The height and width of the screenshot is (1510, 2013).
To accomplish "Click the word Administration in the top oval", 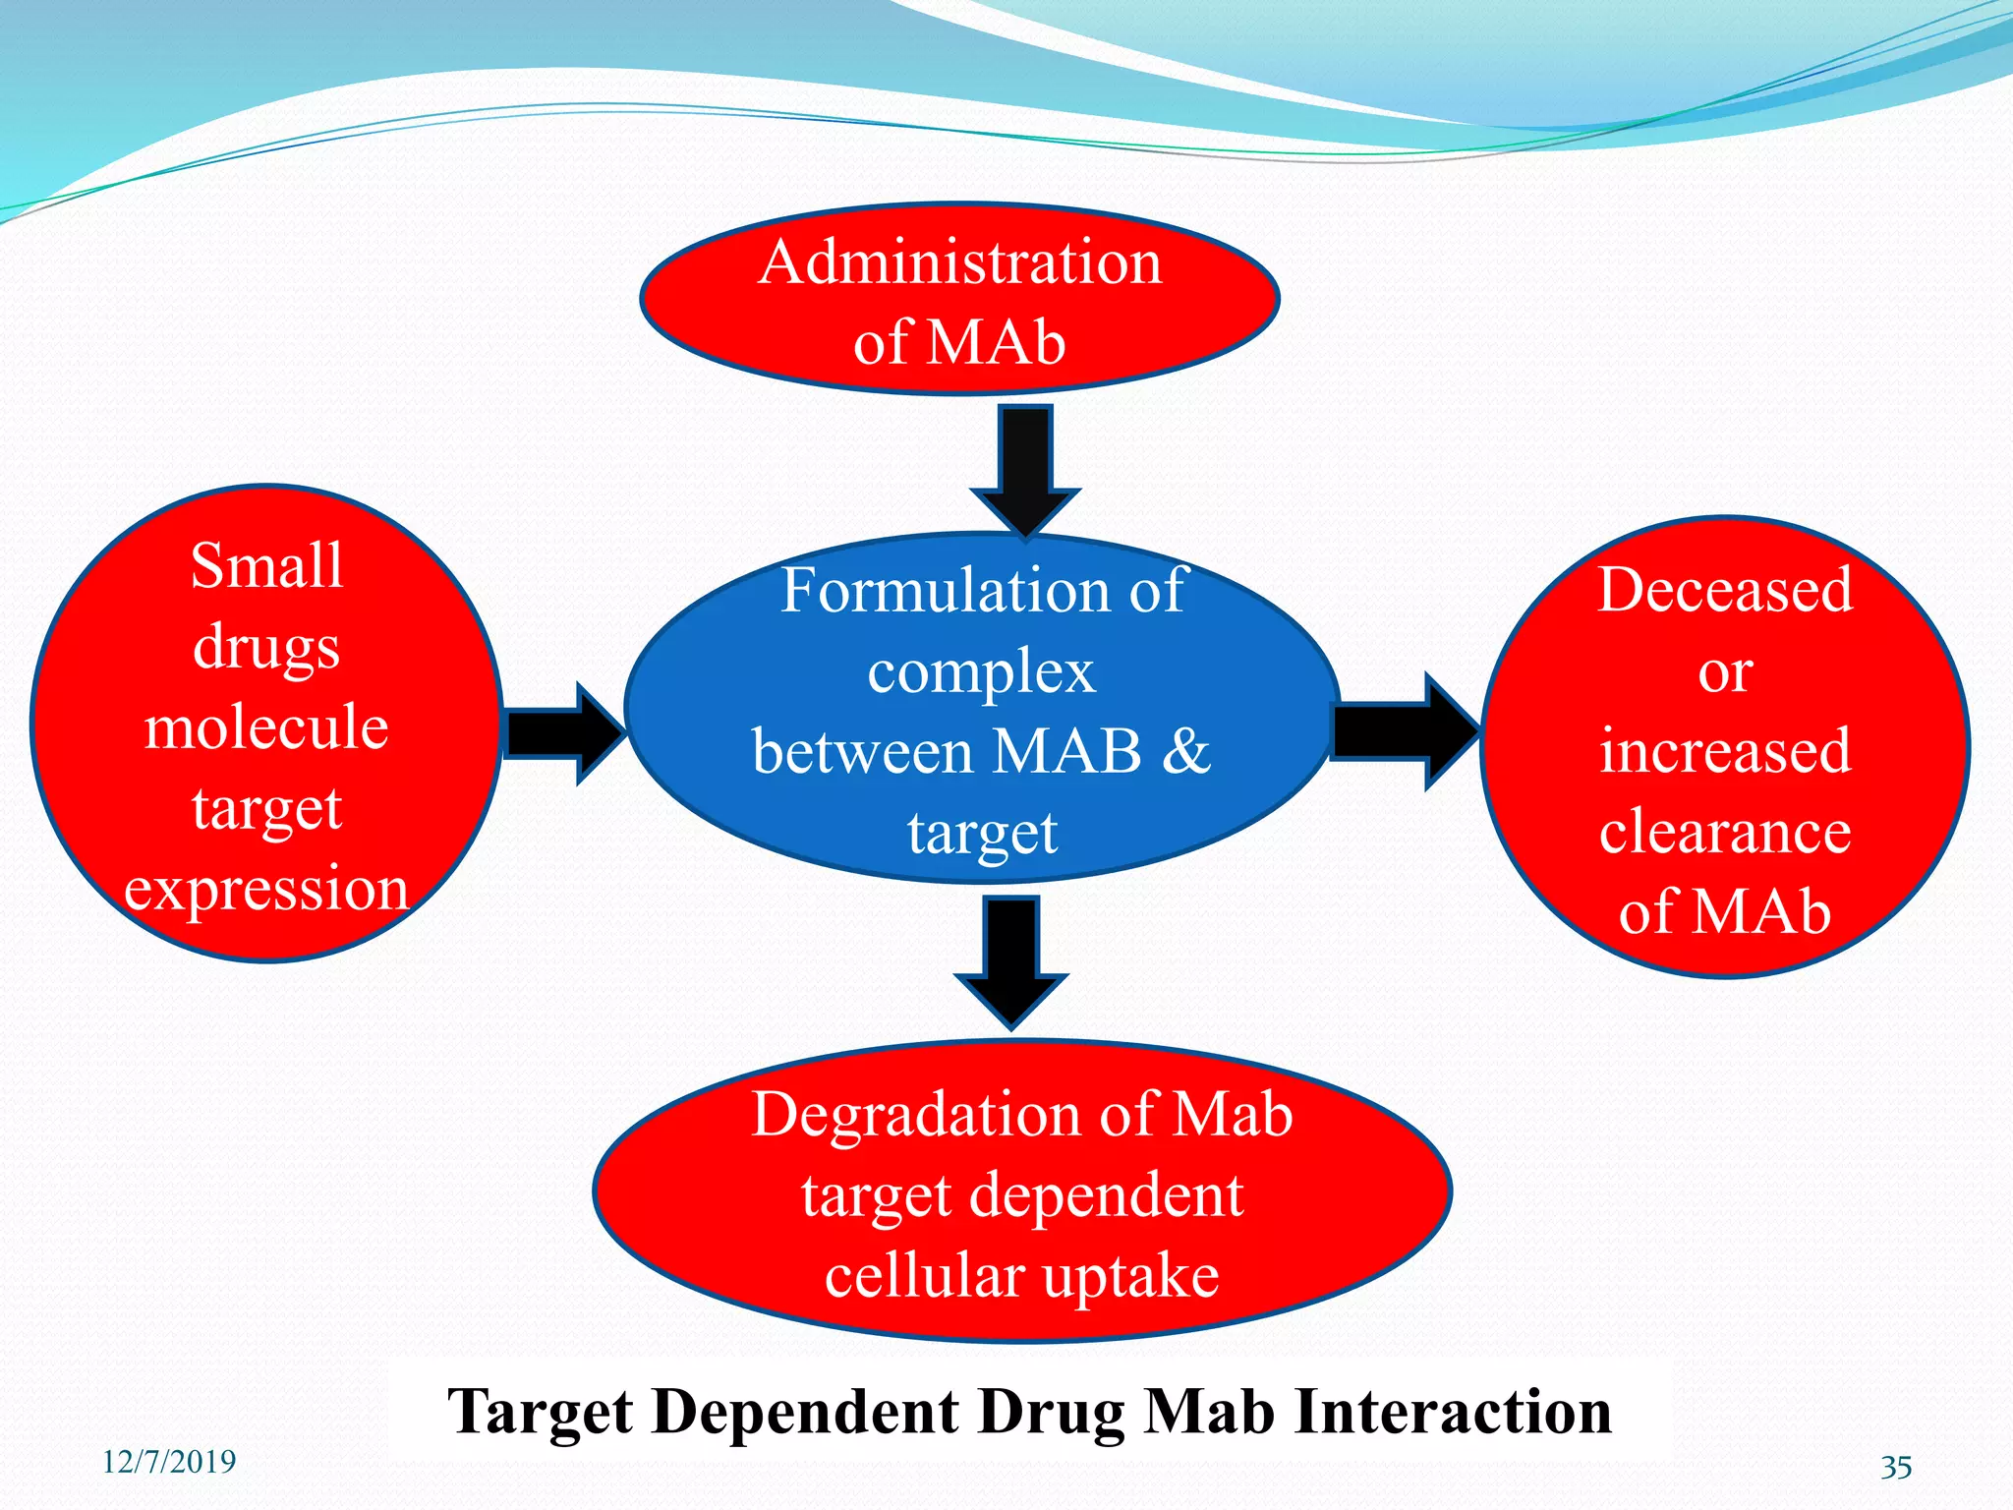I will tap(960, 263).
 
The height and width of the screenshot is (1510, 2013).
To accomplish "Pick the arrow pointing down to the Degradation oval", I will tap(1011, 959).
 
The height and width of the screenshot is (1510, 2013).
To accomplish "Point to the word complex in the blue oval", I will tap(981, 673).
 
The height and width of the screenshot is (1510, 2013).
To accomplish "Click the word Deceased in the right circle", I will tap(1725, 590).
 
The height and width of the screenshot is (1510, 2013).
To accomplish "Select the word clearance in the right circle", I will tap(1725, 832).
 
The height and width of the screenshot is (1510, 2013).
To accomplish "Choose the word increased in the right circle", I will tap(1725, 751).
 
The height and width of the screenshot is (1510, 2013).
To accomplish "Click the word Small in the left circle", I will tap(266, 566).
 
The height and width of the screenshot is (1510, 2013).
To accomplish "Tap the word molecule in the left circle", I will tap(266, 727).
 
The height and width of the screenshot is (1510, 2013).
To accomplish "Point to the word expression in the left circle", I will tap(266, 889).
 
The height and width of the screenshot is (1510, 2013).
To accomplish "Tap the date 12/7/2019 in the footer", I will tap(169, 1462).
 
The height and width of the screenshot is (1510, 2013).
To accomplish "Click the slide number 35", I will tap(1896, 1468).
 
